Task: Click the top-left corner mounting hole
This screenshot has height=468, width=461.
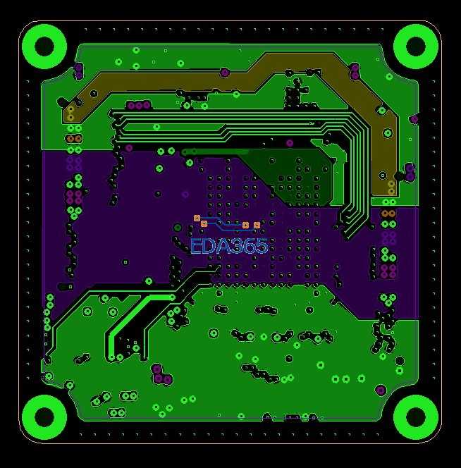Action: click(x=44, y=47)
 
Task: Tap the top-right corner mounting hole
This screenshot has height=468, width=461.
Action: click(x=416, y=47)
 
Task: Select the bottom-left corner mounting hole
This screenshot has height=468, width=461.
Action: click(x=44, y=417)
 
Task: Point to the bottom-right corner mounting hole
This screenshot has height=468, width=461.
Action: click(x=416, y=417)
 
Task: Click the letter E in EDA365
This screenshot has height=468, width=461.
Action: click(x=196, y=246)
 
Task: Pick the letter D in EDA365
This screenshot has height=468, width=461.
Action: click(x=209, y=246)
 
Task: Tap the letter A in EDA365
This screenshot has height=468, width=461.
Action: click(x=223, y=246)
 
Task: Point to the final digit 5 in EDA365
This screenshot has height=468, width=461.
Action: click(x=262, y=246)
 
